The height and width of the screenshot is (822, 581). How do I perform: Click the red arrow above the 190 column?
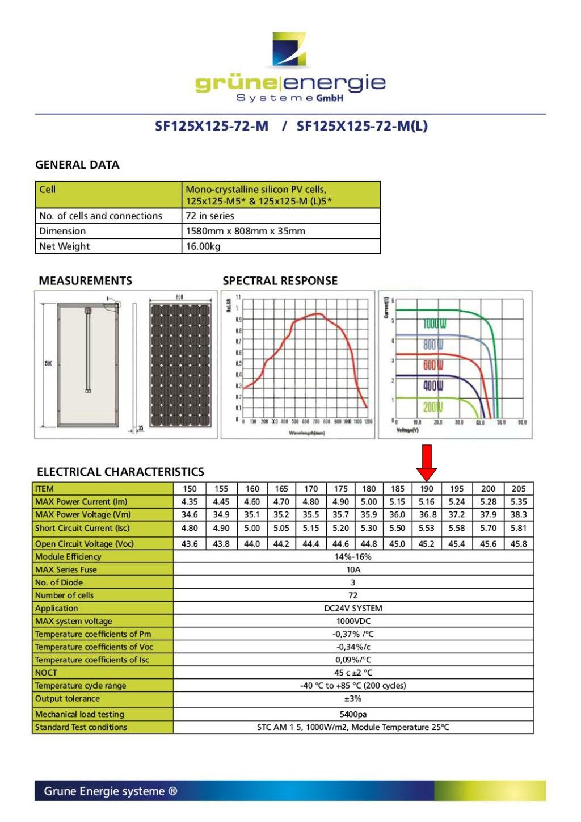[x=426, y=462]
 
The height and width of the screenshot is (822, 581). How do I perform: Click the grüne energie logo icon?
[x=289, y=49]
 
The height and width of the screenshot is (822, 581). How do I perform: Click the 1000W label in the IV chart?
[x=434, y=324]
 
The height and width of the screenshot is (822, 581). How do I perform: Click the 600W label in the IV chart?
[x=433, y=364]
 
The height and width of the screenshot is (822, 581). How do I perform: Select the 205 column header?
[x=519, y=489]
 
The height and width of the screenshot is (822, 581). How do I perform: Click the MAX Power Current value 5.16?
[x=427, y=502]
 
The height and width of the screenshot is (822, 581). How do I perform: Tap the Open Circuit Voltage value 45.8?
[x=519, y=543]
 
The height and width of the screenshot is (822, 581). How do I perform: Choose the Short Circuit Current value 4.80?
[x=190, y=528]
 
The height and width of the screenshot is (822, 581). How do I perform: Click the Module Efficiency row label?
[x=68, y=557]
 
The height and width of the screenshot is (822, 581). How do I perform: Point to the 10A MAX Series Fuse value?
[x=353, y=569]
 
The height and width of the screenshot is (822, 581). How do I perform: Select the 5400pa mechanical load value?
[x=353, y=714]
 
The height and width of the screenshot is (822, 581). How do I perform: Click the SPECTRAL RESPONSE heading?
[x=280, y=281]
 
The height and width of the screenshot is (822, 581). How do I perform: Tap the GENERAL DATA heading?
[x=77, y=165]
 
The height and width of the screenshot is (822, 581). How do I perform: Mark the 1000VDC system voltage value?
[x=353, y=621]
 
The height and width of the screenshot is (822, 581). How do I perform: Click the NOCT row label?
[x=46, y=673]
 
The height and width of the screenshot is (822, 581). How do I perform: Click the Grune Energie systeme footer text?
[x=111, y=791]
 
